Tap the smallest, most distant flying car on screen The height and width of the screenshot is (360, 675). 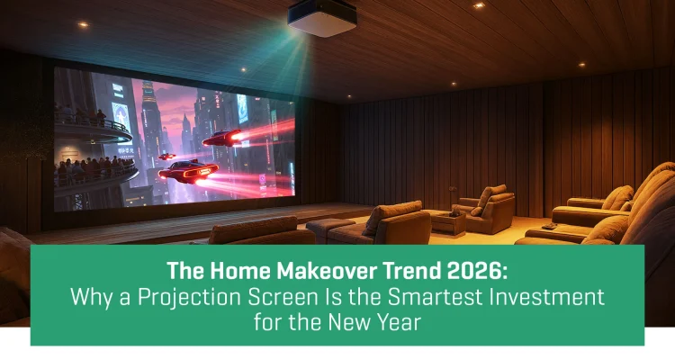166,156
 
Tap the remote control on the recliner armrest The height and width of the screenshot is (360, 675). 546,229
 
